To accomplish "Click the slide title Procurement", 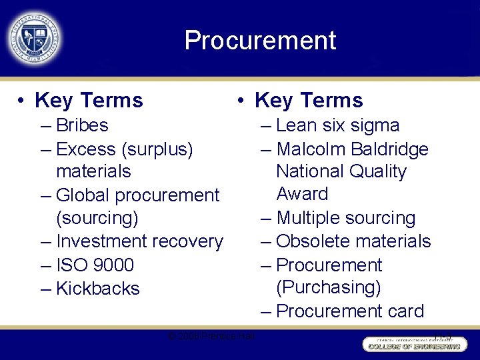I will pyautogui.click(x=260, y=41).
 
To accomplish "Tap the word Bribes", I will pyautogui.click(x=82, y=125).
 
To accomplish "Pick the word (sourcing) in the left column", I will pyautogui.click(x=97, y=219).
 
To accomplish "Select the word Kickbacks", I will pyautogui.click(x=98, y=289).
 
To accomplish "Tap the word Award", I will pyautogui.click(x=302, y=194).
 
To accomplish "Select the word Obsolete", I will pyautogui.click(x=313, y=241).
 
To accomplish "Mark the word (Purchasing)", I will pyautogui.click(x=329, y=287).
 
